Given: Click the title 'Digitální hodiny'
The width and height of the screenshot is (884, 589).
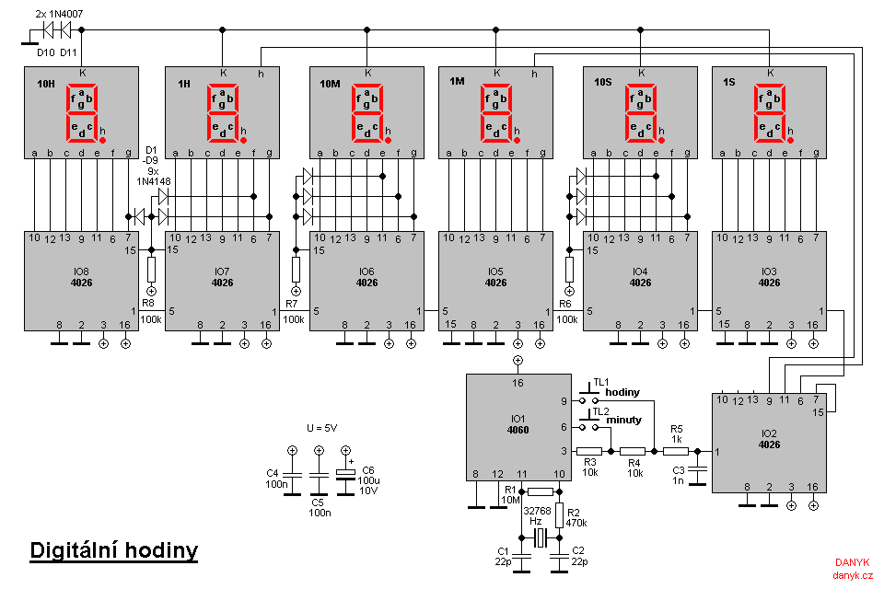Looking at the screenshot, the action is click(x=114, y=550).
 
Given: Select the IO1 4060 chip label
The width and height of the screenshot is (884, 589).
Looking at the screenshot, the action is click(x=518, y=424).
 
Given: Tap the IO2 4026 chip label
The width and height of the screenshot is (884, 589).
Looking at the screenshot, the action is click(x=769, y=439).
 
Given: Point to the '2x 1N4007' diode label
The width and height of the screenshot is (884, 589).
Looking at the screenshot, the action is click(x=59, y=14).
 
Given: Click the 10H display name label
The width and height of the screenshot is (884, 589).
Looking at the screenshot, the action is click(x=46, y=84).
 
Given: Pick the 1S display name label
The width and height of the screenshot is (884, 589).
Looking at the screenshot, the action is click(x=729, y=82).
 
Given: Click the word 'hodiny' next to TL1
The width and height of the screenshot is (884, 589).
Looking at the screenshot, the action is click(x=622, y=392).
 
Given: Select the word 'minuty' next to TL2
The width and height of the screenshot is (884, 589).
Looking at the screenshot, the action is click(x=623, y=420).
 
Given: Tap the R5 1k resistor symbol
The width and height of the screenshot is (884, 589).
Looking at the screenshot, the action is click(x=675, y=451).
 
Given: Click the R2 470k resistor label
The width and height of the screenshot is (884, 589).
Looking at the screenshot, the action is click(x=576, y=518).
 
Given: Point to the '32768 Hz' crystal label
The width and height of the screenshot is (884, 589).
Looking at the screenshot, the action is click(x=537, y=515).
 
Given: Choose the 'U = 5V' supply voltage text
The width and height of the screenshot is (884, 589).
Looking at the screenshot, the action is click(x=322, y=428).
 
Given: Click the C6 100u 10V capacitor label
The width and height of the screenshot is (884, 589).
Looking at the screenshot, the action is click(x=368, y=480).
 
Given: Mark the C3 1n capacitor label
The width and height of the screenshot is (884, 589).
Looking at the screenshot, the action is click(x=679, y=475).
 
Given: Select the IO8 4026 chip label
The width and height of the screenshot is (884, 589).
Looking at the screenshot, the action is click(x=81, y=277).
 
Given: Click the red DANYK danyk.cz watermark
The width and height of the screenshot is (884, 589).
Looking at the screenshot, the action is click(x=853, y=569).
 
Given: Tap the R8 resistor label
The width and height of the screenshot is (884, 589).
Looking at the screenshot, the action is click(x=147, y=303).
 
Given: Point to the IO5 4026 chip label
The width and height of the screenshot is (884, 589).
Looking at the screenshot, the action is click(x=495, y=277).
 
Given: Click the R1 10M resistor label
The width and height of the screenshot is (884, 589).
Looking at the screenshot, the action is click(x=510, y=495).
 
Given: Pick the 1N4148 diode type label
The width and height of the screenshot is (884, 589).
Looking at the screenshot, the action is click(x=154, y=181).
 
